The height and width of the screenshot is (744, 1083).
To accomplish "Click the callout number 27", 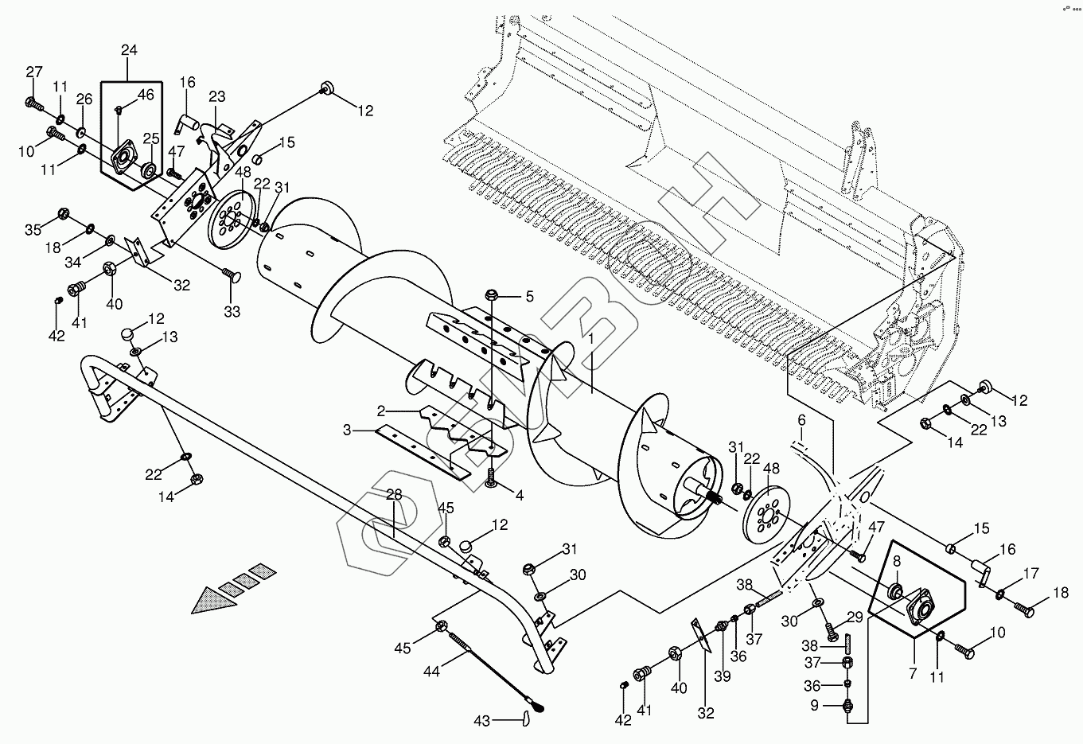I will (33, 73).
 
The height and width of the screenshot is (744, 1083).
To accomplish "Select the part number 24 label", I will (129, 51).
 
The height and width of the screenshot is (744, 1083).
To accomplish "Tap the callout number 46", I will (146, 95).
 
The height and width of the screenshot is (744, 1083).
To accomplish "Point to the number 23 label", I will (217, 97).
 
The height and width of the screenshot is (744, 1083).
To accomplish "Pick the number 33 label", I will (232, 312).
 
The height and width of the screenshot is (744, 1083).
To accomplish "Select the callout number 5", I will (529, 298).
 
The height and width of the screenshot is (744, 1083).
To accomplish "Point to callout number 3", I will (347, 430).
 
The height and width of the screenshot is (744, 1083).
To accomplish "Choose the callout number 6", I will (801, 419).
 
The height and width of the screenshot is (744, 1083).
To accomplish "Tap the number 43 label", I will (481, 721).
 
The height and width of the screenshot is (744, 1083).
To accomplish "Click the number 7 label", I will (913, 674).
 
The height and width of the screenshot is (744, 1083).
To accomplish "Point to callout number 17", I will (1030, 574).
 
